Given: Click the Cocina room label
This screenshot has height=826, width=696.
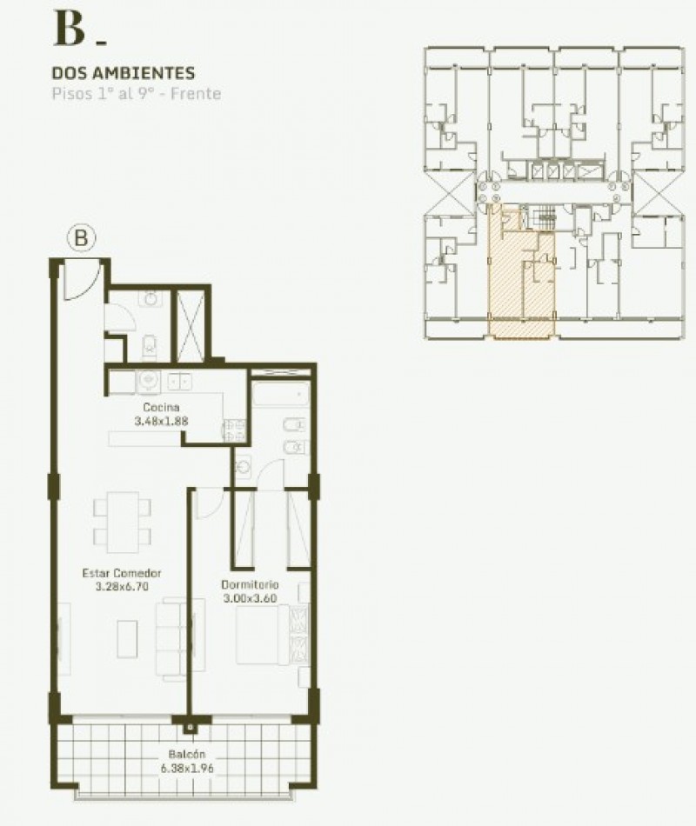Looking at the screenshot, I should [162, 407].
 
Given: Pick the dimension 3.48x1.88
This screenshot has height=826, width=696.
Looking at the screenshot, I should [162, 421].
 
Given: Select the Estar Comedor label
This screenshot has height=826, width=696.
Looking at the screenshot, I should [123, 573].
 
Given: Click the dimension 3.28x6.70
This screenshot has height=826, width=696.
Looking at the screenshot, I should [123, 587].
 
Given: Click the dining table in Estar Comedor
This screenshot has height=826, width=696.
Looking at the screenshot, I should [122, 522].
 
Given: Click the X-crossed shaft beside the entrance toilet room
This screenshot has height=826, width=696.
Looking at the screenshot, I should [190, 323].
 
